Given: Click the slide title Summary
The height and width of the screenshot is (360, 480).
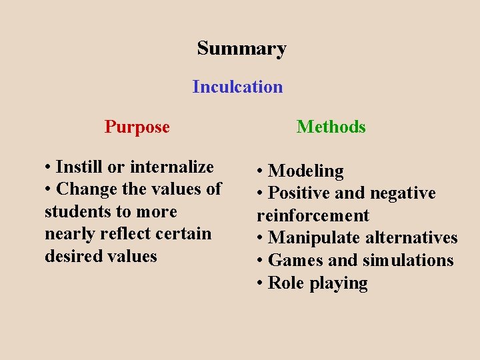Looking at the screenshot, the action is point(241,49).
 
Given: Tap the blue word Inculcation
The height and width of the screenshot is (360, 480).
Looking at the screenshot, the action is point(237,87).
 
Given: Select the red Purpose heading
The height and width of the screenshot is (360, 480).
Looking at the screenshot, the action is point(137,127).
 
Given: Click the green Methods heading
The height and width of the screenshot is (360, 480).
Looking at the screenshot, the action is point(331,127).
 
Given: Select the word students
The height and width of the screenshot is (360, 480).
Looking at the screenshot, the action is point(79,211).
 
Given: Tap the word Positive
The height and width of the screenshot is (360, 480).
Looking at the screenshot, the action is point(298,193).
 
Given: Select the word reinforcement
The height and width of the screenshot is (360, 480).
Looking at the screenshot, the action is point(313,216).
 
